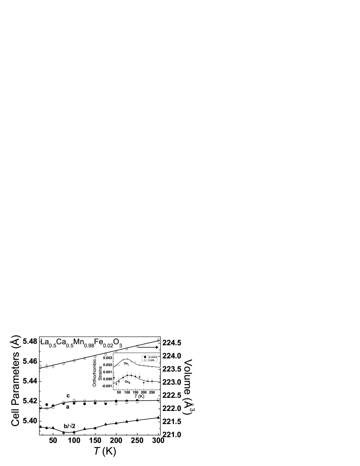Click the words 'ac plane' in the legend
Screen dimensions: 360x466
(152, 357)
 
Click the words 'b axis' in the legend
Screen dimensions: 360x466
(152, 360)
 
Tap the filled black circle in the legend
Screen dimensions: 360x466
(145, 357)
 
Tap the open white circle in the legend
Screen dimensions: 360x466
(145, 360)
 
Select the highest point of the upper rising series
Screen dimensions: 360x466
(158, 340)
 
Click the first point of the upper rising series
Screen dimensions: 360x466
(40, 367)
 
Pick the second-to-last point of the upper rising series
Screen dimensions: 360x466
(137, 347)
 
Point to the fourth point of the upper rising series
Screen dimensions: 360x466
(64, 363)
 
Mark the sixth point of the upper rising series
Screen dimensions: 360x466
(84, 358)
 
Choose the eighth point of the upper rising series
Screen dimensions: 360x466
(105, 354)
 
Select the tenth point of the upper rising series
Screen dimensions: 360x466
(127, 349)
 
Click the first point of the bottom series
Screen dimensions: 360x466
(40, 407)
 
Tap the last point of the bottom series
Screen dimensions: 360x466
(158, 399)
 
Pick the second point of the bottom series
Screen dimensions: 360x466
(47, 408)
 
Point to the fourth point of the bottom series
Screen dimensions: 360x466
(64, 402)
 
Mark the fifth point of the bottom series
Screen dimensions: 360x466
(74, 400)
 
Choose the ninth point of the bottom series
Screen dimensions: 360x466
(116, 403)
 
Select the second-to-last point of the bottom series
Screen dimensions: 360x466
(137, 402)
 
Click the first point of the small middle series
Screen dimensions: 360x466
(114, 366)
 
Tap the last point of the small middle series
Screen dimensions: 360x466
(160, 367)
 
